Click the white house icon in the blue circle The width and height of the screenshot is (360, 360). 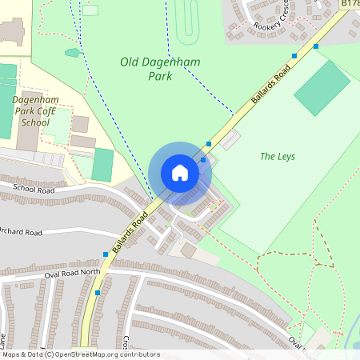(x=180, y=172)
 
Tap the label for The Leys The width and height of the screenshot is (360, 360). (x=278, y=157)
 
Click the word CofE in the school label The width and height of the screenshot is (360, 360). (x=50, y=111)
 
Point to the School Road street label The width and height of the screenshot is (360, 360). (x=33, y=189)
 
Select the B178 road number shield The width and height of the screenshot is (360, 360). (x=350, y=4)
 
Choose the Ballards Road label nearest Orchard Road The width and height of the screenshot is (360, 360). (x=130, y=234)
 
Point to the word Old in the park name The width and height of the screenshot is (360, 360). (x=130, y=62)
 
